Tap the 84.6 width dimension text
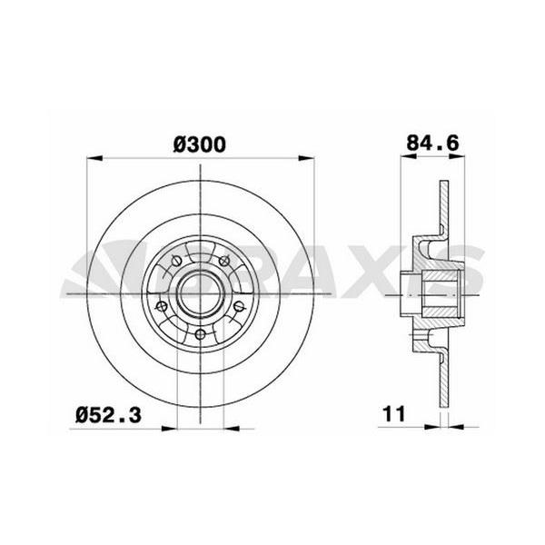coord(431,144)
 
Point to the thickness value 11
coord(392,414)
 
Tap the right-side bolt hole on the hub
coord(237,306)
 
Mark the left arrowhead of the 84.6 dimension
coord(404,158)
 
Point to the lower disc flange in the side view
coord(442,381)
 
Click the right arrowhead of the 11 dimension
coord(452,424)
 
